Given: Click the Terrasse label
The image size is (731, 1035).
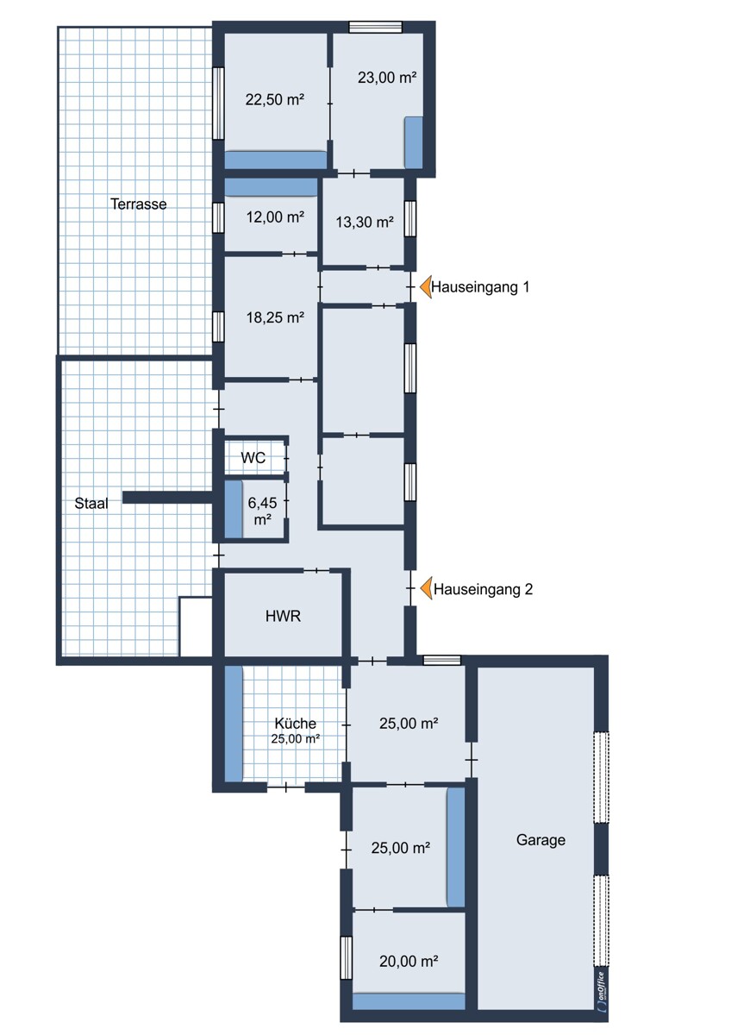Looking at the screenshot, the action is click(x=139, y=204).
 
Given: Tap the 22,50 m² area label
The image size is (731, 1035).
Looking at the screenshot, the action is click(x=275, y=99).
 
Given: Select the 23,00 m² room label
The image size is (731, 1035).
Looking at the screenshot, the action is click(x=387, y=77).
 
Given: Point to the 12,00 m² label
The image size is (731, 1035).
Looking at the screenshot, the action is click(x=275, y=216).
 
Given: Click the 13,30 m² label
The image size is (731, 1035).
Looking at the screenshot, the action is click(x=365, y=223).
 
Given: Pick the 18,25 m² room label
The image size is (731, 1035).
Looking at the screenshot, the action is click(x=275, y=317).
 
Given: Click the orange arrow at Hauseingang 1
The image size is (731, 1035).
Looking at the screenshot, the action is click(x=425, y=287).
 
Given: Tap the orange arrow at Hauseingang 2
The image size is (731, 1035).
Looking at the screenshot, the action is click(x=426, y=588).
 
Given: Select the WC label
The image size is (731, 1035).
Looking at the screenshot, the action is click(x=253, y=458).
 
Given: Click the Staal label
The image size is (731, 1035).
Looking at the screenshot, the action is click(x=91, y=503).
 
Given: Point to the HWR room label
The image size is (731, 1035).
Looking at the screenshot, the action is click(x=283, y=616).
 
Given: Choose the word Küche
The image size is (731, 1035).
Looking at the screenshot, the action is click(x=296, y=723).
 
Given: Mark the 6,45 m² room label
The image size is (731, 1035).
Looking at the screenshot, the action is click(x=262, y=510).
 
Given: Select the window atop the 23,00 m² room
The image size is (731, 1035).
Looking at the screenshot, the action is click(x=375, y=28).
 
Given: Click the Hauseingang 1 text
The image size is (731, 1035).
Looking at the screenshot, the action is click(x=480, y=287).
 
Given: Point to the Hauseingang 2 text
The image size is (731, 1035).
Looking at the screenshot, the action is click(x=483, y=589).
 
